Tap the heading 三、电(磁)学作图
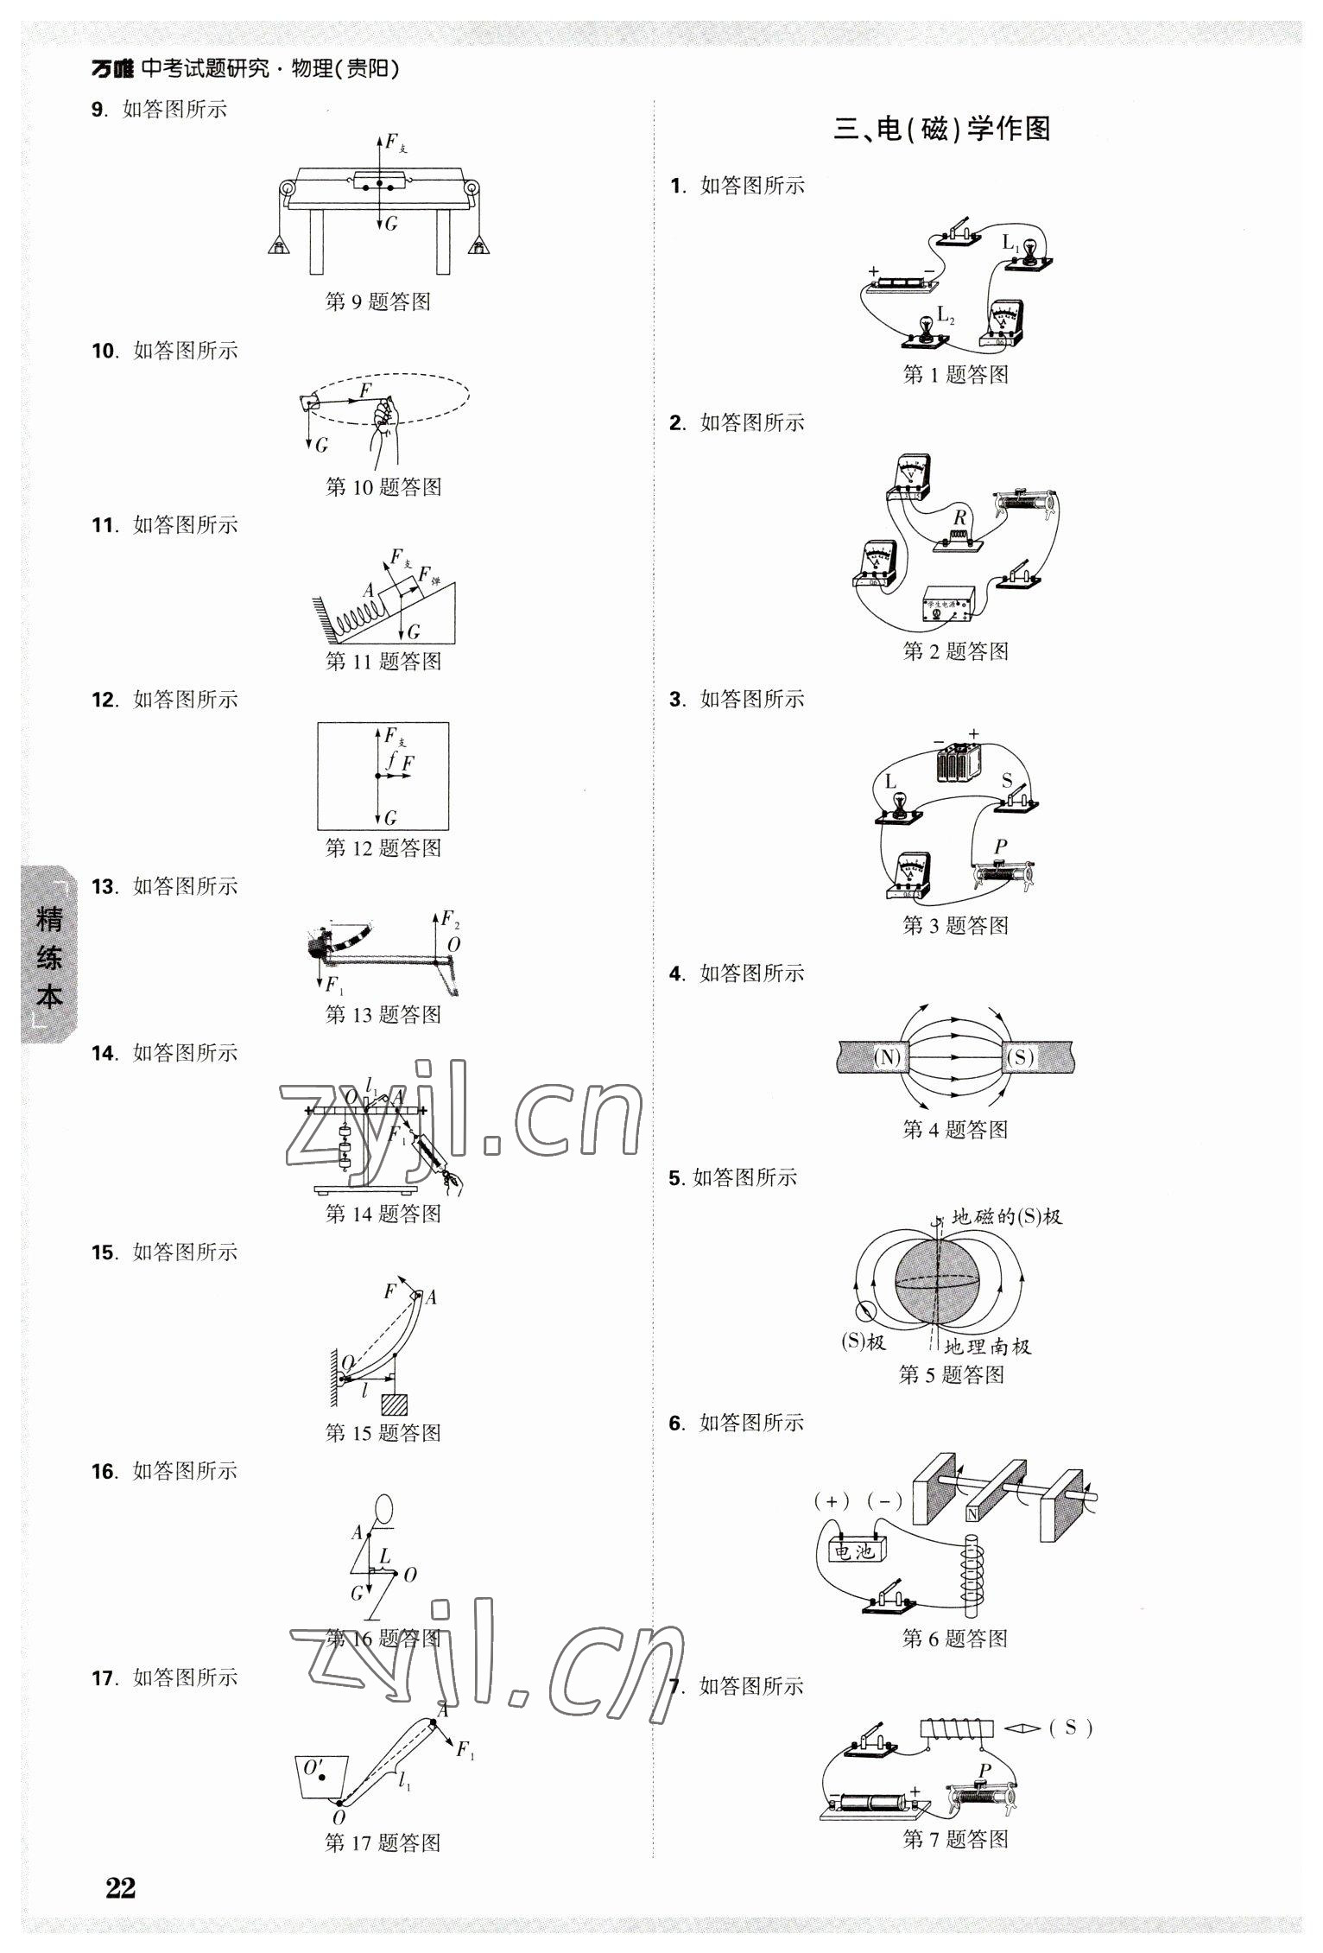(941, 130)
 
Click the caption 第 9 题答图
(377, 301)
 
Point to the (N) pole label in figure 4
(886, 1056)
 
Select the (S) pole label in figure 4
(1020, 1056)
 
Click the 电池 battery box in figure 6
(854, 1552)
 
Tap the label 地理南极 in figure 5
(986, 1347)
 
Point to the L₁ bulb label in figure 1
(1010, 243)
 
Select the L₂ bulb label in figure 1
(946, 315)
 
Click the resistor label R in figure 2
(959, 518)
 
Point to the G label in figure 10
(321, 445)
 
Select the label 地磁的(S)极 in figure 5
(1006, 1217)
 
